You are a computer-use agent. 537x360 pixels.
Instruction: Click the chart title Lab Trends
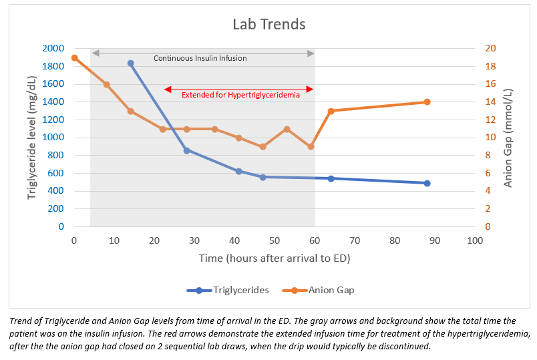(x=268, y=25)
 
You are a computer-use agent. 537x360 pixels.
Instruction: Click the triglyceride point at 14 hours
(x=130, y=63)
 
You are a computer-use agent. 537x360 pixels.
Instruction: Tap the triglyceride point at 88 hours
(x=427, y=183)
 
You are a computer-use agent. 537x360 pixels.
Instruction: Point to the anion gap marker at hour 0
(x=74, y=58)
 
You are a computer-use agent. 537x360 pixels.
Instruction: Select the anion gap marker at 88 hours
(x=427, y=102)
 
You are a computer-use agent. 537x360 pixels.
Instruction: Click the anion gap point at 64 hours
(x=331, y=111)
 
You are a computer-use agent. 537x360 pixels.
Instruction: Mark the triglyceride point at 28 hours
(x=186, y=150)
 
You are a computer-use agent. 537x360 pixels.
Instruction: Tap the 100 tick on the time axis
(x=475, y=240)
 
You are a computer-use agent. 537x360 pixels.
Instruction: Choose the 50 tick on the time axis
(x=275, y=240)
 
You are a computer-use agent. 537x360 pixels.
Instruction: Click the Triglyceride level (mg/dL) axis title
(x=31, y=137)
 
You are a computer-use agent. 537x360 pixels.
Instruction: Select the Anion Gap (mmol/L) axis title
(x=509, y=137)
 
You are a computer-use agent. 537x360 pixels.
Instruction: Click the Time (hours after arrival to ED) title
(x=274, y=258)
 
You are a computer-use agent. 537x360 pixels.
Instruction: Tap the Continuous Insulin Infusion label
(x=200, y=58)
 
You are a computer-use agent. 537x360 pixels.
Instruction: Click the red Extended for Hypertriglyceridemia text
(x=240, y=95)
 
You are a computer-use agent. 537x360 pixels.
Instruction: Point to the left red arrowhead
(x=167, y=89)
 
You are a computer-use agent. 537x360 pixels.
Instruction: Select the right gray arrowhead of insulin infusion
(x=311, y=53)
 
